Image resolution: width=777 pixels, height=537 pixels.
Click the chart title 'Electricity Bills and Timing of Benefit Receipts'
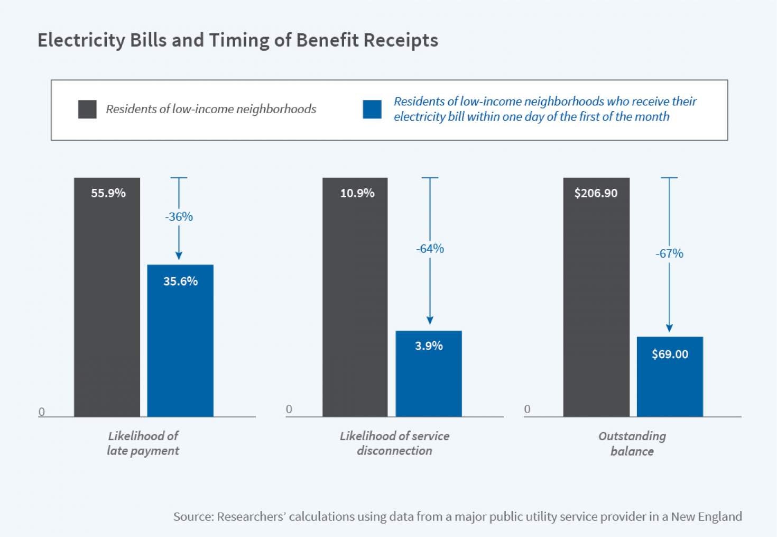238,40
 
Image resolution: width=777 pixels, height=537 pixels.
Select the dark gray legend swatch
87,110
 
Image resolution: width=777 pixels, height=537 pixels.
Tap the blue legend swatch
372,110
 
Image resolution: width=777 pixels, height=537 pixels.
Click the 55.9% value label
108,193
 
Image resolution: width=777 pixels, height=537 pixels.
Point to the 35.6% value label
180,281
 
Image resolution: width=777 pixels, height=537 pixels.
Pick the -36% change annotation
179,217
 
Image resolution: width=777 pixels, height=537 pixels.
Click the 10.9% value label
357,193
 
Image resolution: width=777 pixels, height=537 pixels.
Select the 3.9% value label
429,346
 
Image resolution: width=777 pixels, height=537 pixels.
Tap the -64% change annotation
430,249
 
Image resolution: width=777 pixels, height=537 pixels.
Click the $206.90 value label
596,193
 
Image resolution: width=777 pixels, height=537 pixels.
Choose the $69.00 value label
670,354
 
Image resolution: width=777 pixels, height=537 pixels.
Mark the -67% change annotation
669,254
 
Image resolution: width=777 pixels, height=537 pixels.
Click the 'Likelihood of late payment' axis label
143,443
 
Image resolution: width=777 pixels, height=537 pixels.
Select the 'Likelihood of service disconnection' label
394,443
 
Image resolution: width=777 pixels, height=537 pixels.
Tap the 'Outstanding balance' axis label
632,443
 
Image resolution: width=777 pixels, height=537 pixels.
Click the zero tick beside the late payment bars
42,412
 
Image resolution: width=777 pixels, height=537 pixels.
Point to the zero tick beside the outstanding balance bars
527,409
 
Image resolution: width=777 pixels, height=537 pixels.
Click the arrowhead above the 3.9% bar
430,320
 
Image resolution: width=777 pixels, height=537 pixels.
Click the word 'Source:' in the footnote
193,516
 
